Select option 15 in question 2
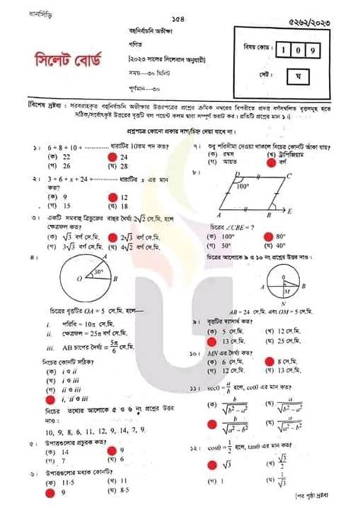tap(66, 205)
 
